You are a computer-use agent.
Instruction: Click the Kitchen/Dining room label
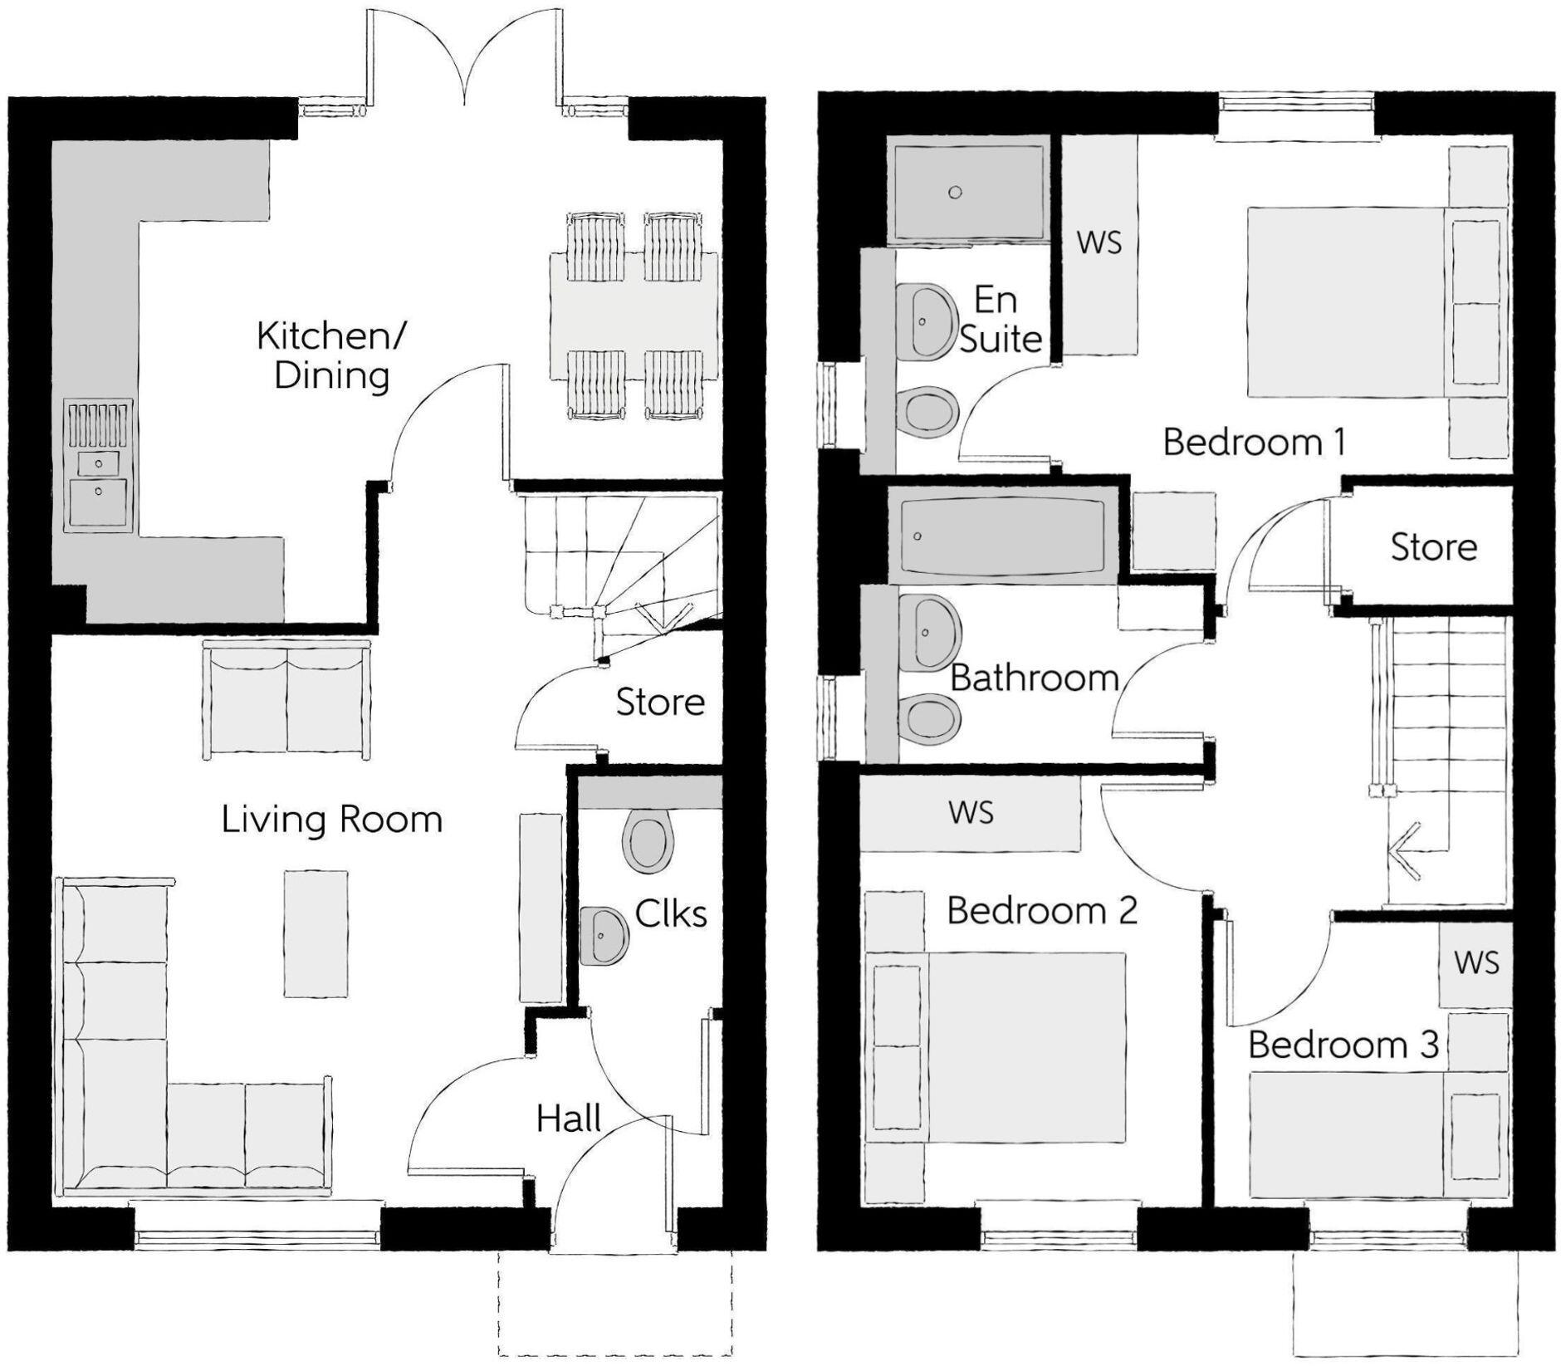[330, 355]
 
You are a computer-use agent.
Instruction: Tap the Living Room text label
[331, 820]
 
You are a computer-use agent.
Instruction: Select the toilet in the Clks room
[648, 841]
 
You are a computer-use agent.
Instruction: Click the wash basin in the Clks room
[604, 936]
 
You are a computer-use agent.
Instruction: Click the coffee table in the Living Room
[316, 933]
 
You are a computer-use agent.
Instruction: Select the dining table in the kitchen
[634, 316]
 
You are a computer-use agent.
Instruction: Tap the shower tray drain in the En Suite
[955, 193]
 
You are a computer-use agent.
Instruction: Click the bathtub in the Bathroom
[1004, 536]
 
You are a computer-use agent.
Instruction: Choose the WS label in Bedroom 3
[1476, 963]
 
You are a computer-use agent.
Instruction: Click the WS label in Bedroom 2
[971, 812]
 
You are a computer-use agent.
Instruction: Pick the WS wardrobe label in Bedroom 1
[1099, 242]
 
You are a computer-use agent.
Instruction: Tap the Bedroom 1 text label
[1254, 442]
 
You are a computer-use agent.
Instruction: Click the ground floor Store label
[660, 703]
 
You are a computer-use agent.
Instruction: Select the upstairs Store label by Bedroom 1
[1434, 547]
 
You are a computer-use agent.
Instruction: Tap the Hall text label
[569, 1119]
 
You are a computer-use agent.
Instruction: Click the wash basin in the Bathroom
[929, 633]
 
